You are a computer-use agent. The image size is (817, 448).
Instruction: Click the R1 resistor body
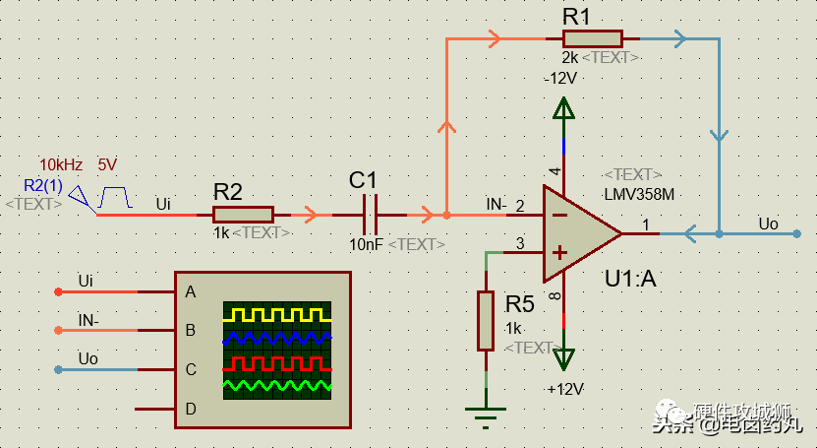pyautogui.click(x=592, y=38)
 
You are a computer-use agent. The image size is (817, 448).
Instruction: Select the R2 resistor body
pyautogui.click(x=243, y=215)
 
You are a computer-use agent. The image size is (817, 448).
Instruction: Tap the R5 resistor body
pyautogui.click(x=486, y=320)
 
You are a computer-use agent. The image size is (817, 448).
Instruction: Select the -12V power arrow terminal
pyautogui.click(x=564, y=108)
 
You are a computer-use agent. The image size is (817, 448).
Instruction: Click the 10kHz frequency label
pyautogui.click(x=61, y=164)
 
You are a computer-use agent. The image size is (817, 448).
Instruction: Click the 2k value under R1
pyautogui.click(x=569, y=58)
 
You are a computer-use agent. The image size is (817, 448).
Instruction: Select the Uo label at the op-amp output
pyautogui.click(x=768, y=224)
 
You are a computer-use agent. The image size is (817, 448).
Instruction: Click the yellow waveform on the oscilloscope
pyautogui.click(x=276, y=315)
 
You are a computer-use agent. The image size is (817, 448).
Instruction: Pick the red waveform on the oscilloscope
pyautogui.click(x=276, y=362)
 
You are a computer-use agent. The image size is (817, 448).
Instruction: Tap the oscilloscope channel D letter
pyautogui.click(x=190, y=409)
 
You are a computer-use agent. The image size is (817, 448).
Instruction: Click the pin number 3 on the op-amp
pyautogui.click(x=521, y=243)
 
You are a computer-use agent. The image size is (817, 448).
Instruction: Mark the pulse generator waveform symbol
pyautogui.click(x=115, y=196)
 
